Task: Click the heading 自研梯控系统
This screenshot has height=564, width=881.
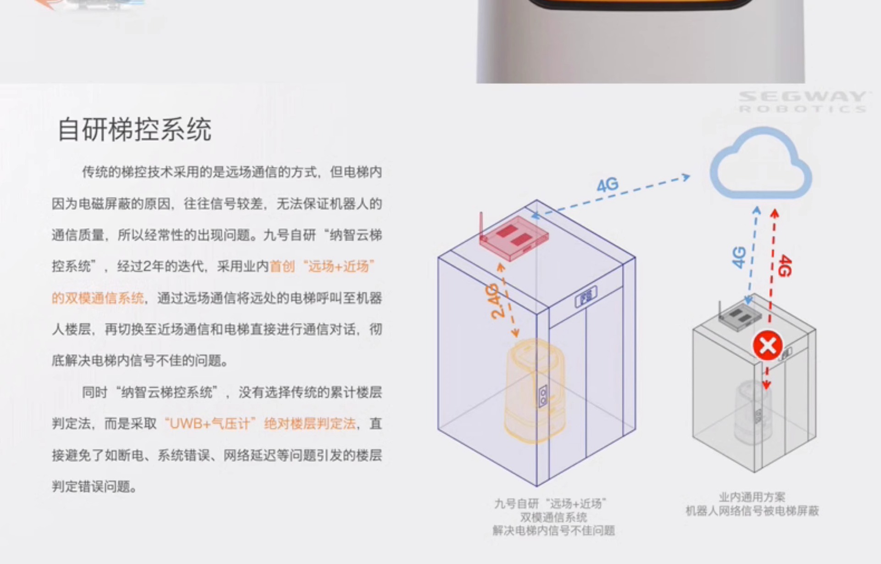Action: point(134,129)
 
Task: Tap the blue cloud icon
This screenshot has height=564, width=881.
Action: point(761,164)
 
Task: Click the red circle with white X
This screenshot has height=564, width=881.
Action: point(767,346)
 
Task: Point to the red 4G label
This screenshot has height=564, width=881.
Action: point(785,266)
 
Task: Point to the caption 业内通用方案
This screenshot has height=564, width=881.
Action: point(752,497)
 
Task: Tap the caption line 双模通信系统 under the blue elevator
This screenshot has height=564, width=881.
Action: point(553,518)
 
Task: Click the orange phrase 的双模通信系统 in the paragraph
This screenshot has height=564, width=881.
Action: point(98,298)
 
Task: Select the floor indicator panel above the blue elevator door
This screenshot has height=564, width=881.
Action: point(586,296)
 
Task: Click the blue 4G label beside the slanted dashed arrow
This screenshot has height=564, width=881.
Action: point(608,185)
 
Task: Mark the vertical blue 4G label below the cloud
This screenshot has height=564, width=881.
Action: point(739,257)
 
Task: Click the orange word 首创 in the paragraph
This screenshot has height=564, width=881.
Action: point(282,267)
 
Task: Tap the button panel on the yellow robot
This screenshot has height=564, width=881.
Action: point(543,396)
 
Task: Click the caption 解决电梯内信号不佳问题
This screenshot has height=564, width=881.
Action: point(553,531)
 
